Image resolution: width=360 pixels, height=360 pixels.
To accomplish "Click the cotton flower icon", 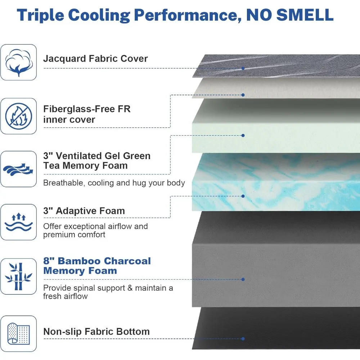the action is click(x=18, y=62).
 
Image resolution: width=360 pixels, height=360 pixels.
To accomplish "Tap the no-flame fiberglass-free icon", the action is click(x=18, y=116).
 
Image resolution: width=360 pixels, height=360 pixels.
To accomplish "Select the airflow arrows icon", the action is click(x=18, y=169).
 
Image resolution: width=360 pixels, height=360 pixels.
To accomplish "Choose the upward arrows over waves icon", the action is click(x=18, y=222).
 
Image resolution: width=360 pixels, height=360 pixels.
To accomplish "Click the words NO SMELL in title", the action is click(x=290, y=15).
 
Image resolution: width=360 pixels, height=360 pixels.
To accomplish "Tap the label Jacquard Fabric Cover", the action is click(x=95, y=59).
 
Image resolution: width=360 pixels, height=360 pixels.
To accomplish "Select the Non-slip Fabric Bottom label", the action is click(x=96, y=332).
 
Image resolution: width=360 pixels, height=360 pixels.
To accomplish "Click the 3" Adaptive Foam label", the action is click(x=84, y=211).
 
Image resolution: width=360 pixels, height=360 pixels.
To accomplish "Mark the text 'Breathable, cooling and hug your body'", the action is click(x=114, y=183).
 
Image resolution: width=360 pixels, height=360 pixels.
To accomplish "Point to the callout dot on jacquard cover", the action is click(x=243, y=68).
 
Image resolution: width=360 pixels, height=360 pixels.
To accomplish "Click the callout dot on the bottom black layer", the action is click(x=243, y=339).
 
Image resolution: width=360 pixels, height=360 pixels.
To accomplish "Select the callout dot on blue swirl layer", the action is click(x=243, y=196).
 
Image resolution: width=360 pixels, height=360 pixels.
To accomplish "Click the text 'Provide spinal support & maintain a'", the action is click(x=108, y=288).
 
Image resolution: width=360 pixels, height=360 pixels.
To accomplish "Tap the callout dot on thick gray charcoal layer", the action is click(x=243, y=279).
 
